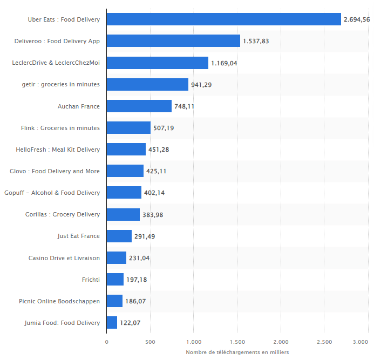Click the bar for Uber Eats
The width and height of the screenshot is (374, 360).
pos(223,19)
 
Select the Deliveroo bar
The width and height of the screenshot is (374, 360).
pos(173,41)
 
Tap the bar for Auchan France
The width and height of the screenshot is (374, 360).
pos(139,106)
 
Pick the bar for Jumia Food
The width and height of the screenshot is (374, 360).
pos(112,323)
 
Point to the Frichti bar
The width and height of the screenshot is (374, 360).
pos(115,280)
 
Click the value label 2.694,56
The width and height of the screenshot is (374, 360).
pos(357,20)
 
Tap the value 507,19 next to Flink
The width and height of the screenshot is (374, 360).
pos(164,128)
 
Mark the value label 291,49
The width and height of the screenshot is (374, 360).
pos(145,236)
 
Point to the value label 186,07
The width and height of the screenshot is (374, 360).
pos(136,301)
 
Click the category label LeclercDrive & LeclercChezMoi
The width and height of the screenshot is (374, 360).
pos(56,63)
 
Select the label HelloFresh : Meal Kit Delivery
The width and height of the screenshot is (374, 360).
pos(58,150)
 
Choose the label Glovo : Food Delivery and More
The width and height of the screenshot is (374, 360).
pos(55,171)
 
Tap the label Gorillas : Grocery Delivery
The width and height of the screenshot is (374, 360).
pos(63,214)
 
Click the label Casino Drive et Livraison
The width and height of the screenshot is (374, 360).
pos(64,258)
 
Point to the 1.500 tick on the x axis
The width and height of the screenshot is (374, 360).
pos(237,342)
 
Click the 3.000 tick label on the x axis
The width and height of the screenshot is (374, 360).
pos(361,342)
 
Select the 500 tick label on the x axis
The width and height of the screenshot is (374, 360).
pos(150,342)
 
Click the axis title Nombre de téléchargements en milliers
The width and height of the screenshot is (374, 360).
pos(237,352)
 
